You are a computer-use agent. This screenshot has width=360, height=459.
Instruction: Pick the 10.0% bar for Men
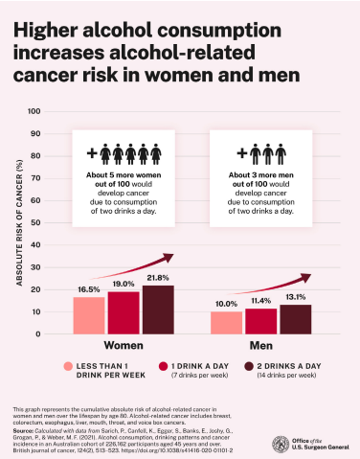coord(226,323)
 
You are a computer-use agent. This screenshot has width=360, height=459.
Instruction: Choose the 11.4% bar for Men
coord(260,321)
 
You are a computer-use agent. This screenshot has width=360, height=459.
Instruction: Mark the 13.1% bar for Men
coord(295,319)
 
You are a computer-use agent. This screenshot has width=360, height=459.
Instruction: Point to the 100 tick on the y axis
coord(34,111)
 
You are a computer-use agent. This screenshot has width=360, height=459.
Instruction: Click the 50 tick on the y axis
coord(35,222)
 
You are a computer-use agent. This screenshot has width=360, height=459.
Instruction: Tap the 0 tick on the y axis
coord(38,334)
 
